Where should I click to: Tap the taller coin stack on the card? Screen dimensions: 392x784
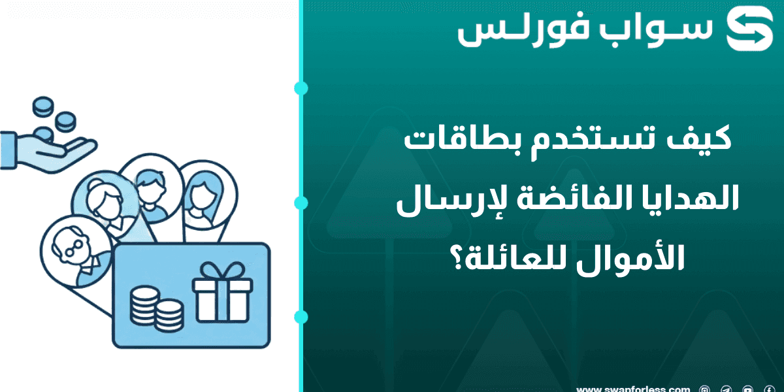pyautogui.click(x=144, y=306)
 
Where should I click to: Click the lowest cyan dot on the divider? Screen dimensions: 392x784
pyautogui.click(x=301, y=317)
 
